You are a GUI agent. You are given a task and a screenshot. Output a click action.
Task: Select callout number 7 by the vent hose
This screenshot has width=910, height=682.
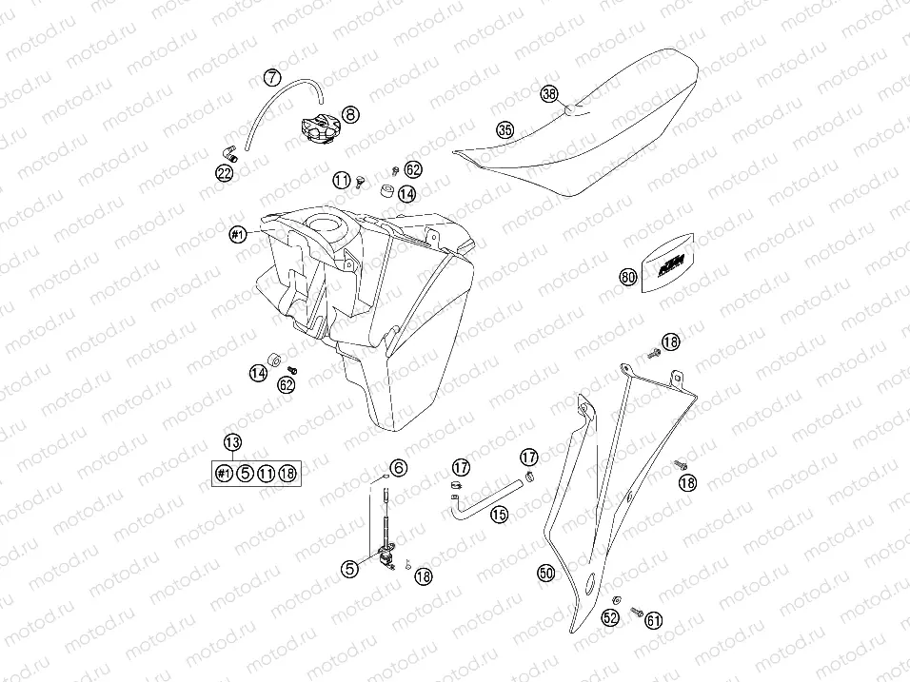click(272, 77)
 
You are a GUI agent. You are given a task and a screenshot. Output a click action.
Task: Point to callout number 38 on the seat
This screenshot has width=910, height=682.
click(549, 94)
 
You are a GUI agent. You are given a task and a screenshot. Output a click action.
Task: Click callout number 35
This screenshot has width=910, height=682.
click(504, 129)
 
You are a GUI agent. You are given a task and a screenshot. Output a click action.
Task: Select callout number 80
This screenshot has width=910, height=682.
click(628, 277)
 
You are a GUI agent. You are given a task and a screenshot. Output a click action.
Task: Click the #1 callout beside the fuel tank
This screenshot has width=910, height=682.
click(238, 234)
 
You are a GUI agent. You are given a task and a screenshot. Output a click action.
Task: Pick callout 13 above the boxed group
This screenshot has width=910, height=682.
click(232, 442)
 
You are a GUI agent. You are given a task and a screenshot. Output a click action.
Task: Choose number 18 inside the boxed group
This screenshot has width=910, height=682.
click(287, 474)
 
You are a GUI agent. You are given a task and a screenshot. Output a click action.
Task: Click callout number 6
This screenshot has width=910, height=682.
click(398, 467)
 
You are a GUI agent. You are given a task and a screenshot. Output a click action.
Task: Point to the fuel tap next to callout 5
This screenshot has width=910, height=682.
click(384, 555)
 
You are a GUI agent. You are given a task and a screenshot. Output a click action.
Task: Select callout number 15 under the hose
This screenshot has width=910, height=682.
click(499, 514)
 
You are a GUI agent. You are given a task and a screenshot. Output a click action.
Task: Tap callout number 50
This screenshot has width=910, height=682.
click(545, 574)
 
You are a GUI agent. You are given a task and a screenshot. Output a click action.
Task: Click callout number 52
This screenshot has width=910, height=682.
click(610, 617)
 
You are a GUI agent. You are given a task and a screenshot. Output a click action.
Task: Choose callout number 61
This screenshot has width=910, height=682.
click(654, 620)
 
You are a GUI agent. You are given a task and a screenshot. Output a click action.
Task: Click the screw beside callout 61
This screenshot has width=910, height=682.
click(636, 611)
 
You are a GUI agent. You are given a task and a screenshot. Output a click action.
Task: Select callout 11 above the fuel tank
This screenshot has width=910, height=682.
click(341, 181)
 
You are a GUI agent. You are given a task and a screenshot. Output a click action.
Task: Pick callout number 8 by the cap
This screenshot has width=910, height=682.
click(350, 114)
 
